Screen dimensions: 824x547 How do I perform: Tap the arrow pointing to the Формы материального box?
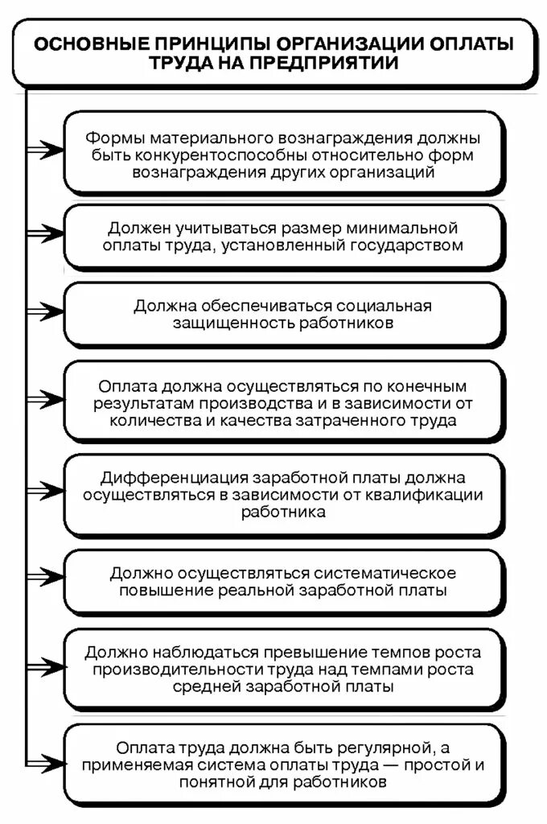point(45,150)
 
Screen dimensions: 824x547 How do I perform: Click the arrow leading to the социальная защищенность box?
point(45,311)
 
